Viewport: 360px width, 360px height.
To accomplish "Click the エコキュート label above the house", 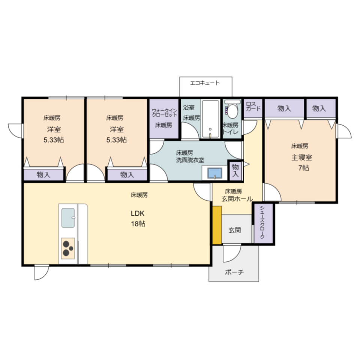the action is pyautogui.click(x=205, y=83).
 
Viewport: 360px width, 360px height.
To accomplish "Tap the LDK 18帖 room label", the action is pyautogui.click(x=138, y=218).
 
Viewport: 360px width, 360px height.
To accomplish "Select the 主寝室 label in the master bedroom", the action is pyautogui.click(x=301, y=157).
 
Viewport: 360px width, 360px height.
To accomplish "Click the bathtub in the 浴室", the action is pyautogui.click(x=210, y=119).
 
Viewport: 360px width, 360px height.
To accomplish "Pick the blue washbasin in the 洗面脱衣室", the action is pyautogui.click(x=214, y=173).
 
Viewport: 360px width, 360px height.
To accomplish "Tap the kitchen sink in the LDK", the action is pyautogui.click(x=68, y=217).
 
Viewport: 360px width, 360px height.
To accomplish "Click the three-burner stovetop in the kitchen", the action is pyautogui.click(x=68, y=248).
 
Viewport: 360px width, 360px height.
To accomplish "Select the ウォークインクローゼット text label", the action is pyautogui.click(x=164, y=113).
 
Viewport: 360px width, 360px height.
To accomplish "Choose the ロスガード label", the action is pyautogui.click(x=253, y=106).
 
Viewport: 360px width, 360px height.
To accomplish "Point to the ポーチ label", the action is pyautogui.click(x=234, y=272).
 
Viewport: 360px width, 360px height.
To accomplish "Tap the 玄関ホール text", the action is pyautogui.click(x=237, y=199).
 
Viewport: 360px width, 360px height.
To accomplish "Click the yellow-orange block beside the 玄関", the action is pyautogui.click(x=217, y=225).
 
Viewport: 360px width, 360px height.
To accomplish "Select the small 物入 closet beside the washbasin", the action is pyautogui.click(x=235, y=170).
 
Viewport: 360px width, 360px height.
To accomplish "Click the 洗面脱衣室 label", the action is pyautogui.click(x=190, y=160).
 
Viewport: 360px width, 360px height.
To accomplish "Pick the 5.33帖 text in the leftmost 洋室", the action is pyautogui.click(x=54, y=140).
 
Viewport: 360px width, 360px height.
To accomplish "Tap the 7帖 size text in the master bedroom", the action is pyautogui.click(x=303, y=168).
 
